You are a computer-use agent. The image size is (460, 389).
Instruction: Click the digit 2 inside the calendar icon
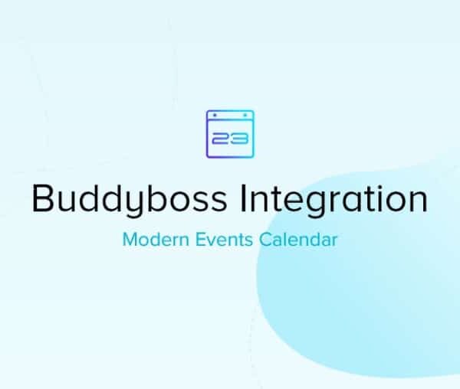[x=222, y=139]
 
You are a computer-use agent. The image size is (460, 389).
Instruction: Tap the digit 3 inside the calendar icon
[x=238, y=139]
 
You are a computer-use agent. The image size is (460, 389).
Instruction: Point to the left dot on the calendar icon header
[x=215, y=115]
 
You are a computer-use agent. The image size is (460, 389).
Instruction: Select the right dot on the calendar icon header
[x=245, y=115]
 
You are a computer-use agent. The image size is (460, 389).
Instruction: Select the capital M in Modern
[x=129, y=240]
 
